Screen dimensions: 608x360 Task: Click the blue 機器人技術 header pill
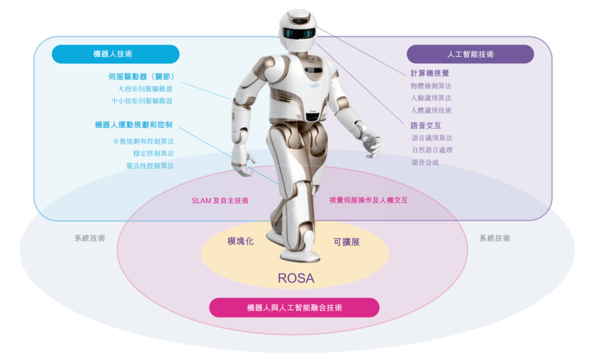click(x=115, y=54)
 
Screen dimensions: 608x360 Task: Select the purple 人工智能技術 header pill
click(x=470, y=55)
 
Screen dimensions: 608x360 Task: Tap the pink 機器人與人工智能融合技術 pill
click(x=294, y=308)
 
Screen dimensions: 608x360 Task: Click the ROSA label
click(x=296, y=278)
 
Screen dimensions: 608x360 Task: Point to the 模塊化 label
click(x=240, y=241)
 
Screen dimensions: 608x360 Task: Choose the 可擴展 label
click(x=346, y=242)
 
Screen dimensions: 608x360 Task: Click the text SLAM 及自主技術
click(x=220, y=200)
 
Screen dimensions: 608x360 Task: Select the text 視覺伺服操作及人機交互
click(x=368, y=200)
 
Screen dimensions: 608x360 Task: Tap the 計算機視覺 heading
click(x=430, y=73)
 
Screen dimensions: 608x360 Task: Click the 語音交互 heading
click(x=426, y=125)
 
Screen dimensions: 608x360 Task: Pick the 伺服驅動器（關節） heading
click(x=141, y=76)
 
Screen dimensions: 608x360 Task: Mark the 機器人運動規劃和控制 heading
click(x=133, y=125)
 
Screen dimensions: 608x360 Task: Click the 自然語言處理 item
click(x=432, y=150)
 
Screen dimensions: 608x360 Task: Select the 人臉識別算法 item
click(x=431, y=98)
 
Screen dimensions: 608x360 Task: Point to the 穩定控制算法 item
click(x=153, y=153)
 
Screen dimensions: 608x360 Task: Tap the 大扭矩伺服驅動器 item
click(x=145, y=89)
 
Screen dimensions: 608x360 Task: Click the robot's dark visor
click(x=297, y=33)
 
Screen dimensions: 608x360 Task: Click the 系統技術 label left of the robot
click(x=90, y=238)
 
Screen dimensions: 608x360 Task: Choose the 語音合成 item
click(x=425, y=163)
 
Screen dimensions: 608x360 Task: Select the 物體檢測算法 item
click(x=431, y=86)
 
